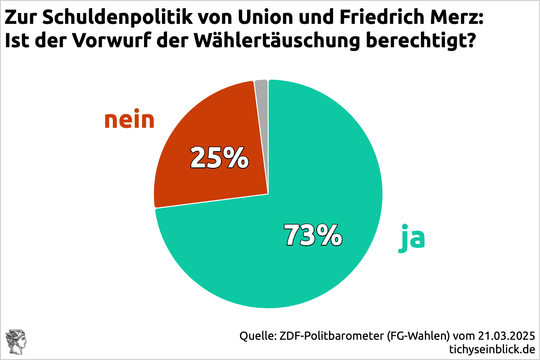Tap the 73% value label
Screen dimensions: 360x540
313,235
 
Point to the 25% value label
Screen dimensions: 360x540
219,157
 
